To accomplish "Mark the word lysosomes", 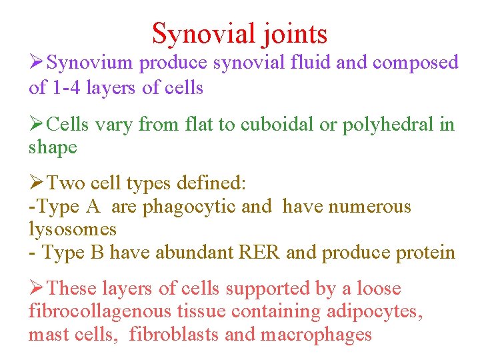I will coord(72,230).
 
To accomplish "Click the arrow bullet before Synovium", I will coord(37,63).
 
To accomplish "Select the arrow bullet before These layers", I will coord(37,289).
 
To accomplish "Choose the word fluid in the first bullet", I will coord(311,63).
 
